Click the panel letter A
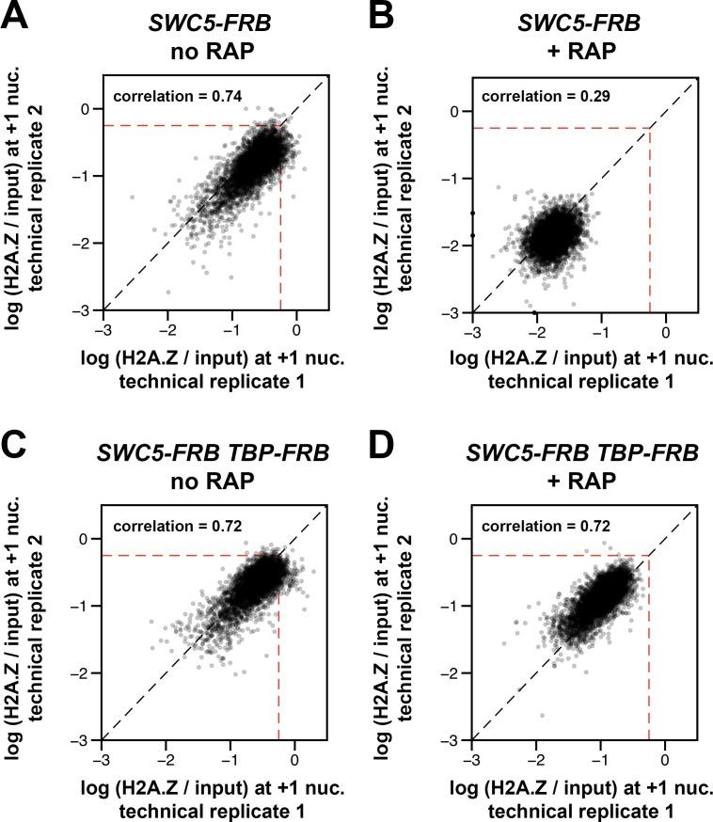(18, 19)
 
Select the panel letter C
(18, 450)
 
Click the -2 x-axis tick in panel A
(167, 331)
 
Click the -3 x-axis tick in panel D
(473, 762)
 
